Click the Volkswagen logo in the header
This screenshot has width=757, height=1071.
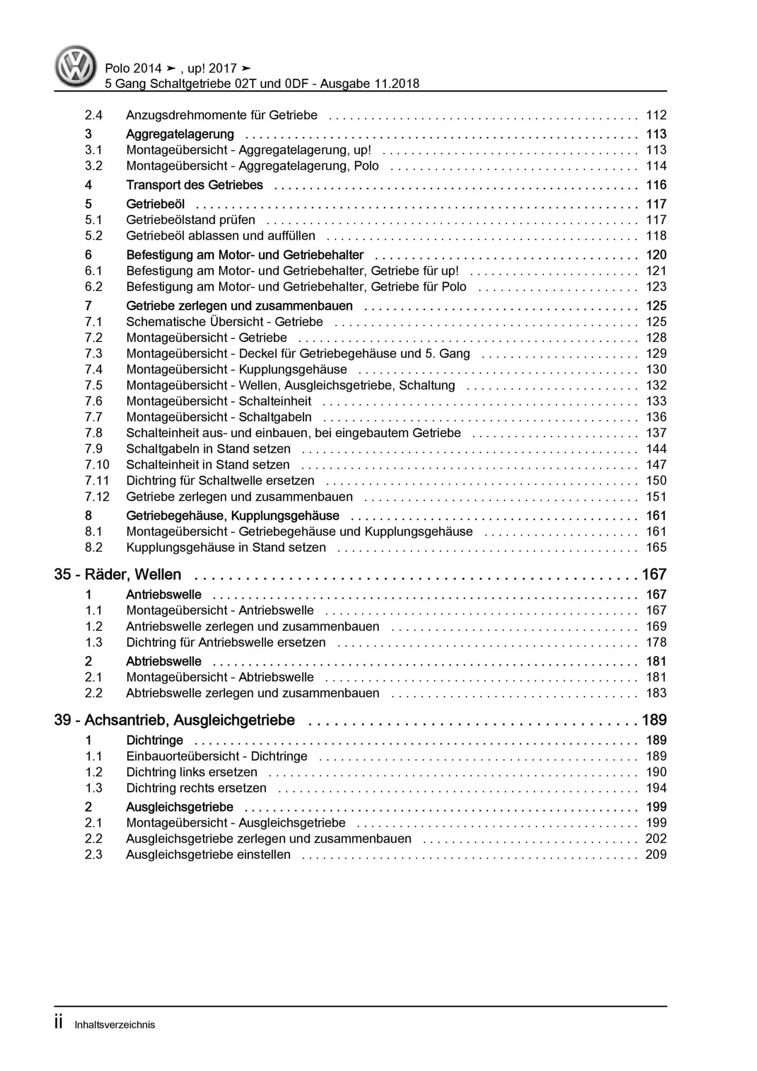tap(75, 66)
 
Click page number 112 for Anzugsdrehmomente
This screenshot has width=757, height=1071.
tap(656, 115)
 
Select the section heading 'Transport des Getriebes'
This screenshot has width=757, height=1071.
tap(194, 185)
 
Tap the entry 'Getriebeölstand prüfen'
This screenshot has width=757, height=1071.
tap(190, 220)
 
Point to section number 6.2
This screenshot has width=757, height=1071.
tap(93, 287)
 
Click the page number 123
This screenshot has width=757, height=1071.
tap(656, 287)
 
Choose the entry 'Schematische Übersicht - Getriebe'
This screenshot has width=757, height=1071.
tap(224, 322)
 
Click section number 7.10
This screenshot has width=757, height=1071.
tap(97, 465)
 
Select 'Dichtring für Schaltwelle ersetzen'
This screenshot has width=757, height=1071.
tap(220, 481)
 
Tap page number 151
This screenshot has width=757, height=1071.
tap(656, 497)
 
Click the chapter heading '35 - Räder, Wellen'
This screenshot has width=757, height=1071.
tap(118, 575)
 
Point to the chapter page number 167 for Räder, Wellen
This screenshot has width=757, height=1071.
tap(654, 575)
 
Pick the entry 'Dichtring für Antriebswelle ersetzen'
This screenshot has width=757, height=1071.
tap(225, 643)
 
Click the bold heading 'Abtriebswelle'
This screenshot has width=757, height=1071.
tap(163, 662)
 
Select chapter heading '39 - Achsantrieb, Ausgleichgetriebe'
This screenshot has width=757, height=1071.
tap(174, 720)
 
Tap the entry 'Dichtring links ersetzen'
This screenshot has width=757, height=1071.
tap(191, 773)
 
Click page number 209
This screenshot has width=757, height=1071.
tap(656, 855)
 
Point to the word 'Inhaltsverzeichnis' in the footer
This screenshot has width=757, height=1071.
tap(114, 1025)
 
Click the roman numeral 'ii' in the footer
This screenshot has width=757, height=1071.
tap(59, 1023)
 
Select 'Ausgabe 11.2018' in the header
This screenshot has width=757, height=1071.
tap(369, 84)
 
